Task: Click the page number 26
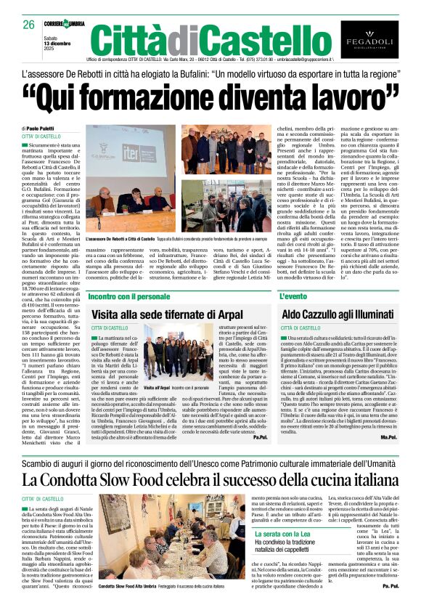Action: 28,25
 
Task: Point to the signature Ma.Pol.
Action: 388,437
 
